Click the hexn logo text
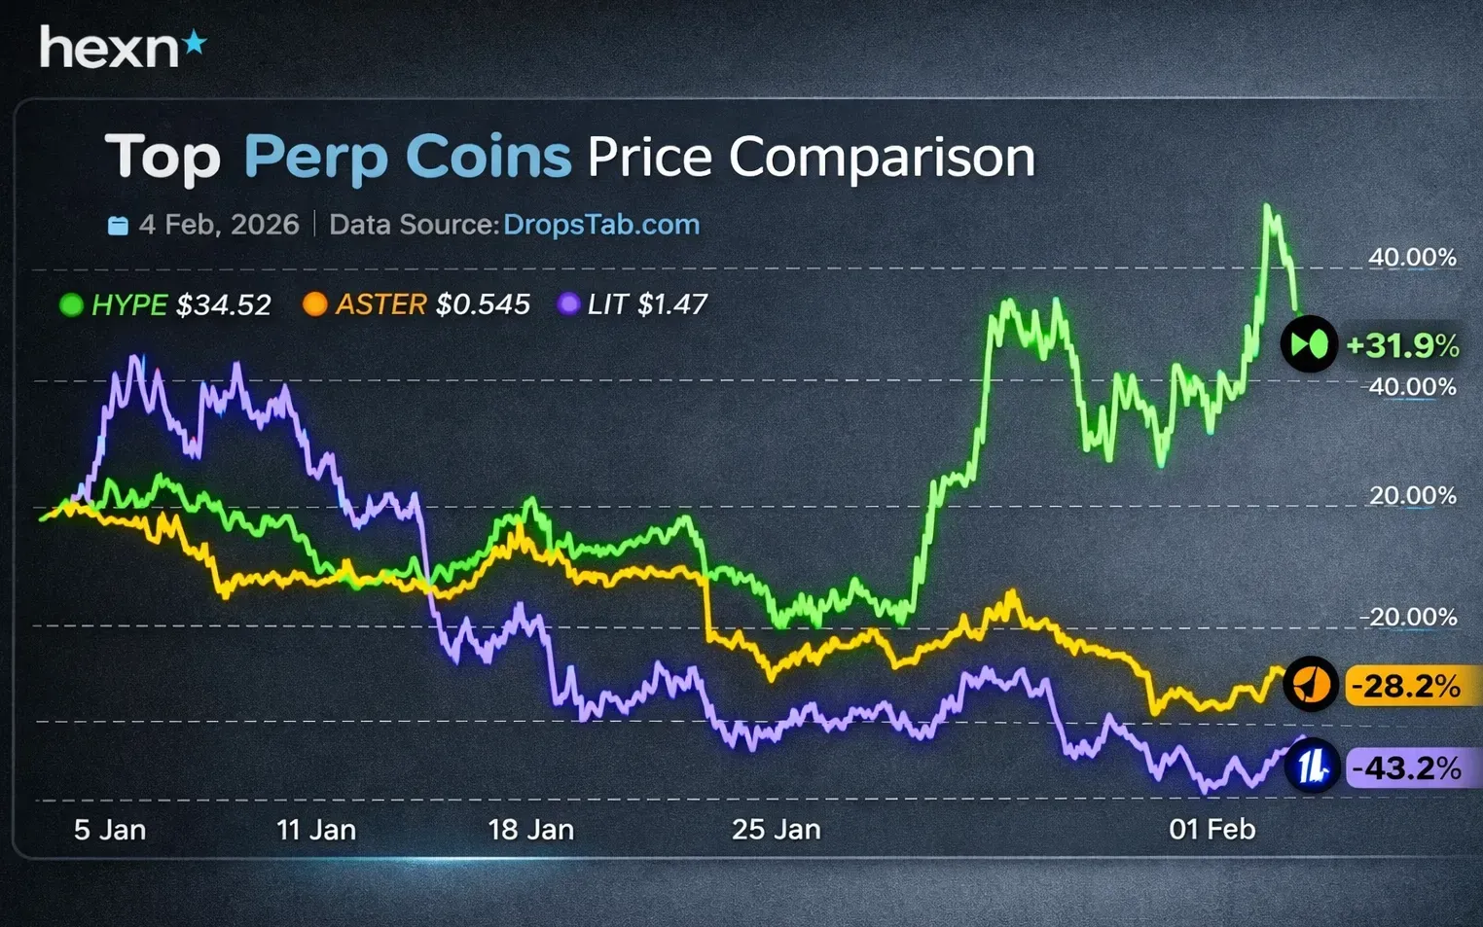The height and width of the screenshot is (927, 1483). (109, 48)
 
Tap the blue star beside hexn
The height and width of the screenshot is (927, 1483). (196, 42)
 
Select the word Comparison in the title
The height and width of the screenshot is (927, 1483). (882, 158)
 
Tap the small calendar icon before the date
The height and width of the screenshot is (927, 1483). (118, 226)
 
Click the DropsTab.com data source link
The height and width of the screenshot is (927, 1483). (601, 225)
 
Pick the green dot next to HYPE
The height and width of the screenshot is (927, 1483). (71, 305)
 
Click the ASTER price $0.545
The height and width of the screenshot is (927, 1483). (483, 304)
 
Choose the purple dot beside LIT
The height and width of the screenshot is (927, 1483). (568, 304)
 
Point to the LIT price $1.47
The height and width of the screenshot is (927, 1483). (672, 304)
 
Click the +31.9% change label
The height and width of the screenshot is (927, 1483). (1402, 345)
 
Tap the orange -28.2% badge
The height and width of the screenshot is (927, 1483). (1408, 686)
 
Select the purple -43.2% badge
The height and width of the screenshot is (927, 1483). (1408, 768)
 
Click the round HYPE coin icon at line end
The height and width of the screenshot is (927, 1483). (1310, 344)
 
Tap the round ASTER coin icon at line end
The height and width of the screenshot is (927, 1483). (1311, 684)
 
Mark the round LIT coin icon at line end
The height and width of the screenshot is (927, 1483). (1313, 767)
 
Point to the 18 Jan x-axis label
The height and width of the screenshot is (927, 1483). (530, 830)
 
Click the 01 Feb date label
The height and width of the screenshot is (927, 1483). (1212, 830)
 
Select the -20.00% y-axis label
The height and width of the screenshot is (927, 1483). (1408, 617)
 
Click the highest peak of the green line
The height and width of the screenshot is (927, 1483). (1267, 206)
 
